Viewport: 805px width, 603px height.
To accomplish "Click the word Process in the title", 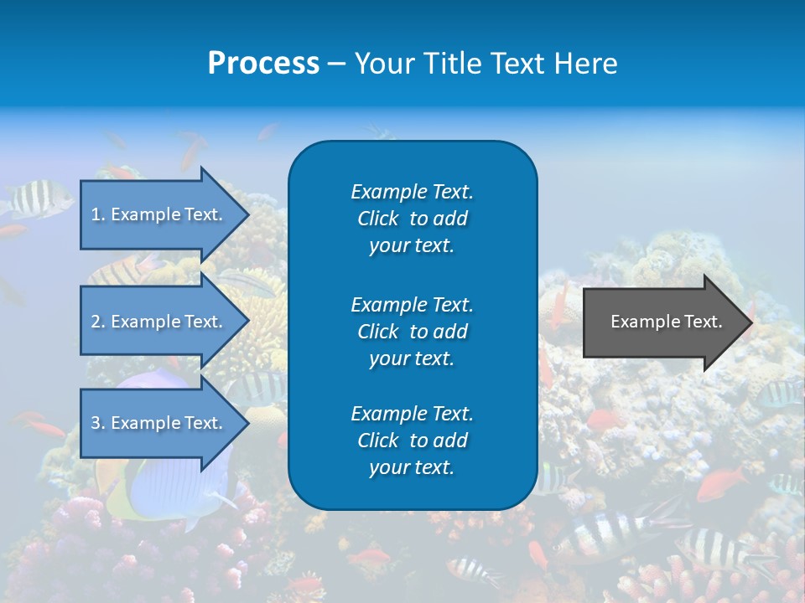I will [x=263, y=64].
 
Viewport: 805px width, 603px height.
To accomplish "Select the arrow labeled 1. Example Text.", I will [x=159, y=214].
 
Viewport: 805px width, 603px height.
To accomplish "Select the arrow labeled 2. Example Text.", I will [x=159, y=322].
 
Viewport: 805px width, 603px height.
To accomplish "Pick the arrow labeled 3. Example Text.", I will [x=159, y=423].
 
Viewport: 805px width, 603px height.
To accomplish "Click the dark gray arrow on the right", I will [x=662, y=322].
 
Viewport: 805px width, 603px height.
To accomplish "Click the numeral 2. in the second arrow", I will [x=98, y=322].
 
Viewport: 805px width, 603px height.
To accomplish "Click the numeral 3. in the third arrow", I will [x=98, y=423].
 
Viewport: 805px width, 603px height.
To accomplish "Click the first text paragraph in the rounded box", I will [x=412, y=219].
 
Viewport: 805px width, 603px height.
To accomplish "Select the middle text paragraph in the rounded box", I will [x=412, y=331].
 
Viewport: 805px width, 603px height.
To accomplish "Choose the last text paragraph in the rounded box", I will [x=412, y=441].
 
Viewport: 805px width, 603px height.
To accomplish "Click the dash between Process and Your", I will [x=337, y=64].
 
